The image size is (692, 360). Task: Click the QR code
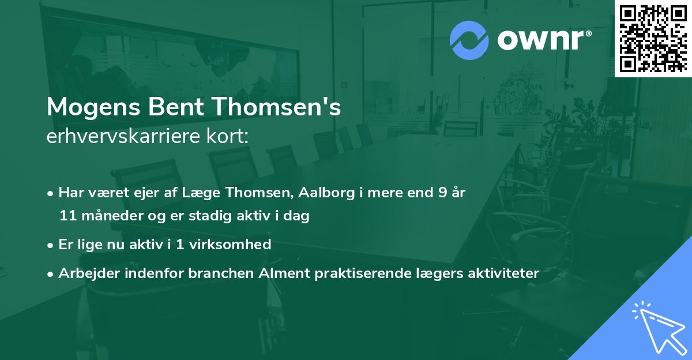click(653, 38)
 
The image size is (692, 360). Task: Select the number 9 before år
click(442, 192)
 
